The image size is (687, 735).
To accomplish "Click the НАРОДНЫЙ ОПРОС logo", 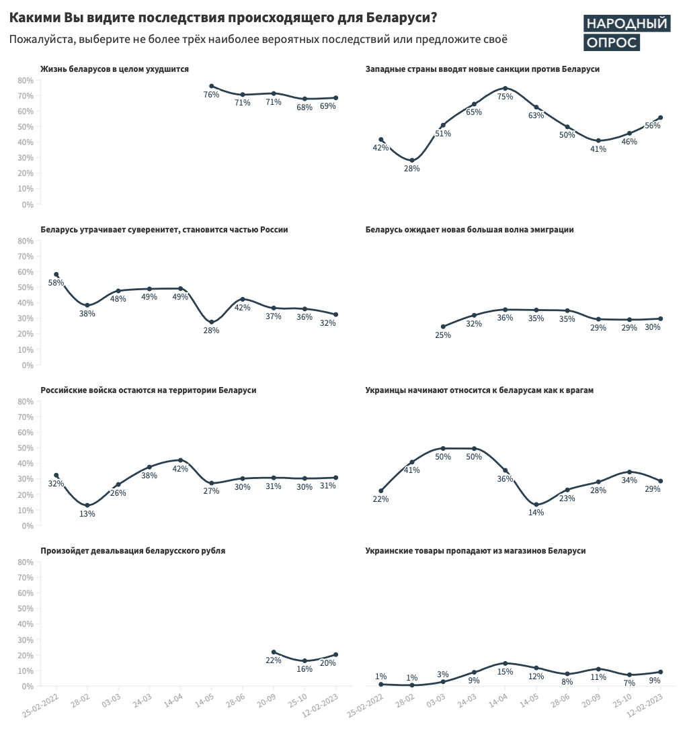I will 626,33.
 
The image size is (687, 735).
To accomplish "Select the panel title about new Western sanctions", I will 482,69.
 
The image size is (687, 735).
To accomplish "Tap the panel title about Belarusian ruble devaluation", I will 133,551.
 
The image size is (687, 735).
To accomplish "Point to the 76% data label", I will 211,95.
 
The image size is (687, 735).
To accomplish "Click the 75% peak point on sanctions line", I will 505,88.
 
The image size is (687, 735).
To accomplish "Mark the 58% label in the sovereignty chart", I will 56,283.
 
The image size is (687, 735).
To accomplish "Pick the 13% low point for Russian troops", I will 87,505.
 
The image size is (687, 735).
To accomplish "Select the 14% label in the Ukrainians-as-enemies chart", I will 536,513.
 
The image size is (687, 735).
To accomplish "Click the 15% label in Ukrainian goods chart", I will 505,673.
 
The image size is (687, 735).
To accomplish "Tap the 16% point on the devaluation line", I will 305,661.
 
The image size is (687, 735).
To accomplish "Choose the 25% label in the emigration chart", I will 443,335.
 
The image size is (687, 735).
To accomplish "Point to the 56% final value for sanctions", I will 652,126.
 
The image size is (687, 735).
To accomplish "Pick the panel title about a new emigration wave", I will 469,230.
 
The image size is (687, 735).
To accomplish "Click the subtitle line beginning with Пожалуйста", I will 258,40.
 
